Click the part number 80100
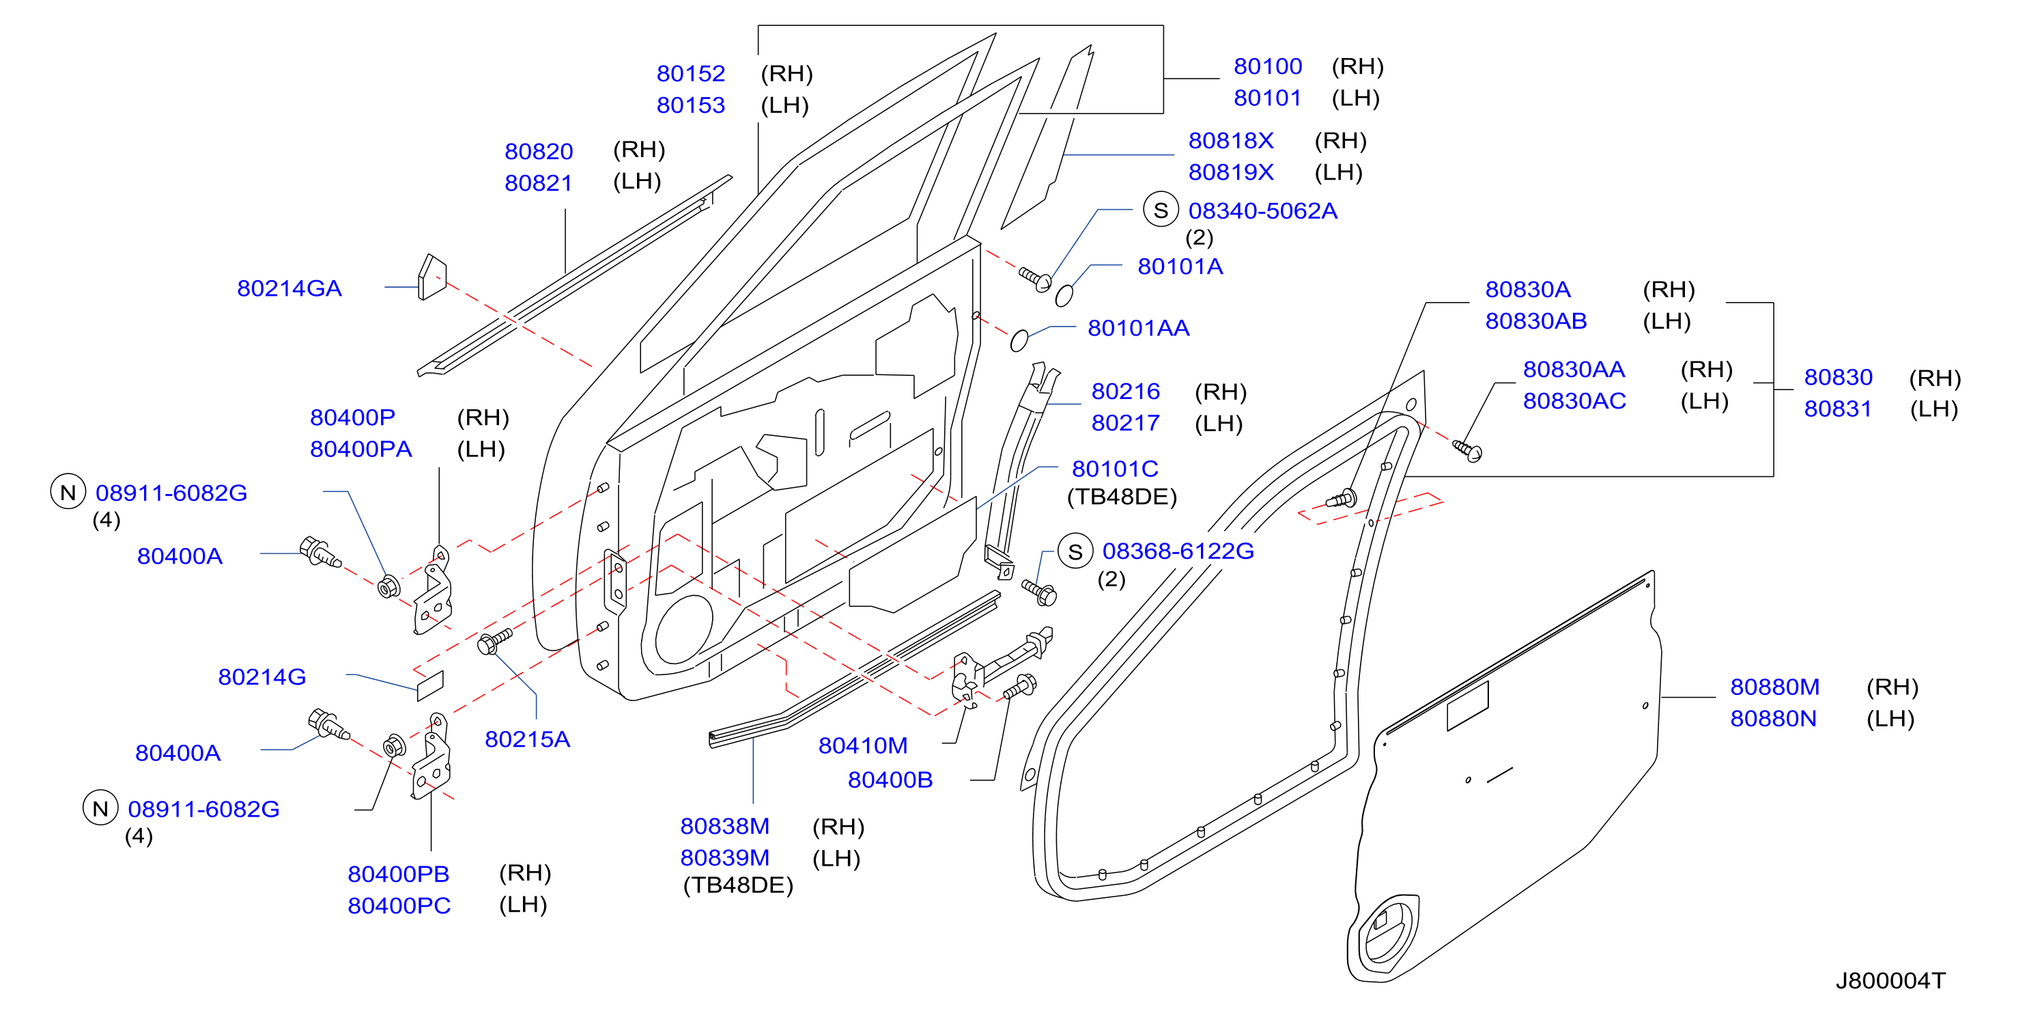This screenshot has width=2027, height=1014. coord(1268,66)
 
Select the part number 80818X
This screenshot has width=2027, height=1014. coord(1231,140)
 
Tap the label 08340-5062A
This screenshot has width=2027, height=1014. coord(1262,210)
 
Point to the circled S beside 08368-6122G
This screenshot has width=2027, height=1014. coord(1075,551)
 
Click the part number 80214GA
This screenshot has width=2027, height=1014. coord(289,288)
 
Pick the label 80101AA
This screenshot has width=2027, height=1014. coord(1138,327)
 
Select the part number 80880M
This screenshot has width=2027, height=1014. coord(1774,687)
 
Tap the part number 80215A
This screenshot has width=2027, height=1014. coord(527,739)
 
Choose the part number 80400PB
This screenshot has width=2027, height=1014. coord(398,874)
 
